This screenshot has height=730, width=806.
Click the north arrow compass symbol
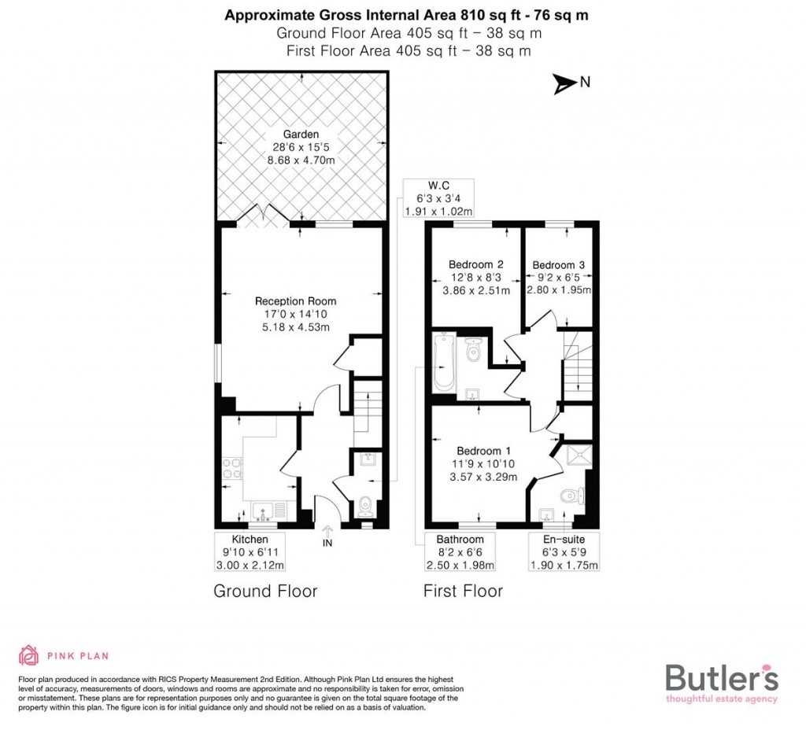(564, 83)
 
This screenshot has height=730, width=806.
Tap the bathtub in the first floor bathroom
(444, 363)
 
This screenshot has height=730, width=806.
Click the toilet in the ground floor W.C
(365, 504)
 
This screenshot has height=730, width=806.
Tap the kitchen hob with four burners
(233, 469)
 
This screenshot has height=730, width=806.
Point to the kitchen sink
(264, 511)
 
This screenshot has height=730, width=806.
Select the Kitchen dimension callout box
(250, 552)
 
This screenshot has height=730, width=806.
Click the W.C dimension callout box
(438, 198)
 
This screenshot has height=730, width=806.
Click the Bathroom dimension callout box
(460, 552)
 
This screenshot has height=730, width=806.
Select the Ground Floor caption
(265, 591)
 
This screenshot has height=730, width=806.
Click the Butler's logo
(721, 680)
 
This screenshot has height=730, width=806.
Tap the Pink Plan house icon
(29, 655)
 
